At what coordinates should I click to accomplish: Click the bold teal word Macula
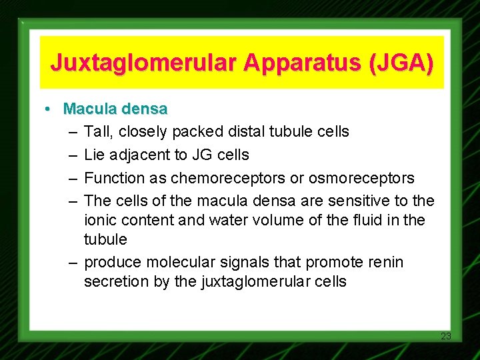point(88,108)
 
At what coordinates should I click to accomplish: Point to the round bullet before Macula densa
point(49,109)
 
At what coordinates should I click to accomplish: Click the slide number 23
point(446,336)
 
